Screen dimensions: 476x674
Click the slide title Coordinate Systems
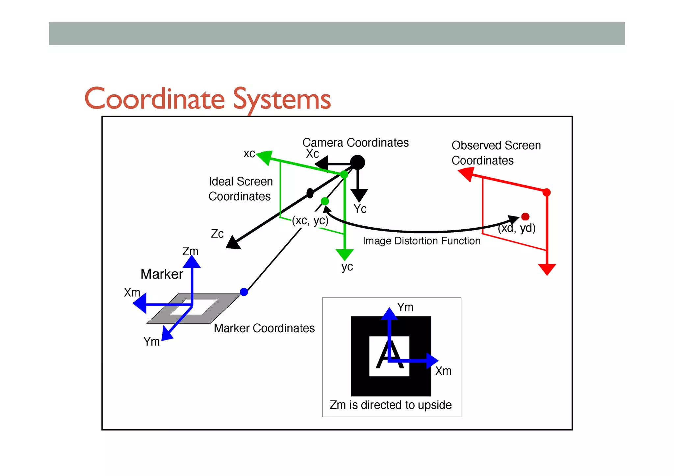tap(208, 99)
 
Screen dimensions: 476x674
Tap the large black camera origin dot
tap(357, 163)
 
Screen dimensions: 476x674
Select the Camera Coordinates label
tap(355, 143)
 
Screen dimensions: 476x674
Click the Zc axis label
tap(217, 234)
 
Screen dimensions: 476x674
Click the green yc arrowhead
tap(345, 255)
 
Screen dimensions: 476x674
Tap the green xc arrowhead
tap(265, 157)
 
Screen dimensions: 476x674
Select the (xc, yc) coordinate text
tap(310, 220)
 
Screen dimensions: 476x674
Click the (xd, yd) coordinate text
tap(517, 228)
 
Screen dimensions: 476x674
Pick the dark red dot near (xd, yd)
tap(525, 216)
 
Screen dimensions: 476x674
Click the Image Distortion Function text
tap(422, 241)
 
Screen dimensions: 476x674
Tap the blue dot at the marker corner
tap(244, 292)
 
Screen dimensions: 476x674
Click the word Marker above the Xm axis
tap(162, 274)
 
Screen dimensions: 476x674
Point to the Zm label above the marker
tap(190, 251)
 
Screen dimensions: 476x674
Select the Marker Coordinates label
tap(264, 328)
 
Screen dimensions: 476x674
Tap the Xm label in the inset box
tap(443, 371)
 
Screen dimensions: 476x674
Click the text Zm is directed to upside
tap(391, 405)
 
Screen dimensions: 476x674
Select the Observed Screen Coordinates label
tap(496, 153)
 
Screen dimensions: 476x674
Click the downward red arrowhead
tap(547, 269)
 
